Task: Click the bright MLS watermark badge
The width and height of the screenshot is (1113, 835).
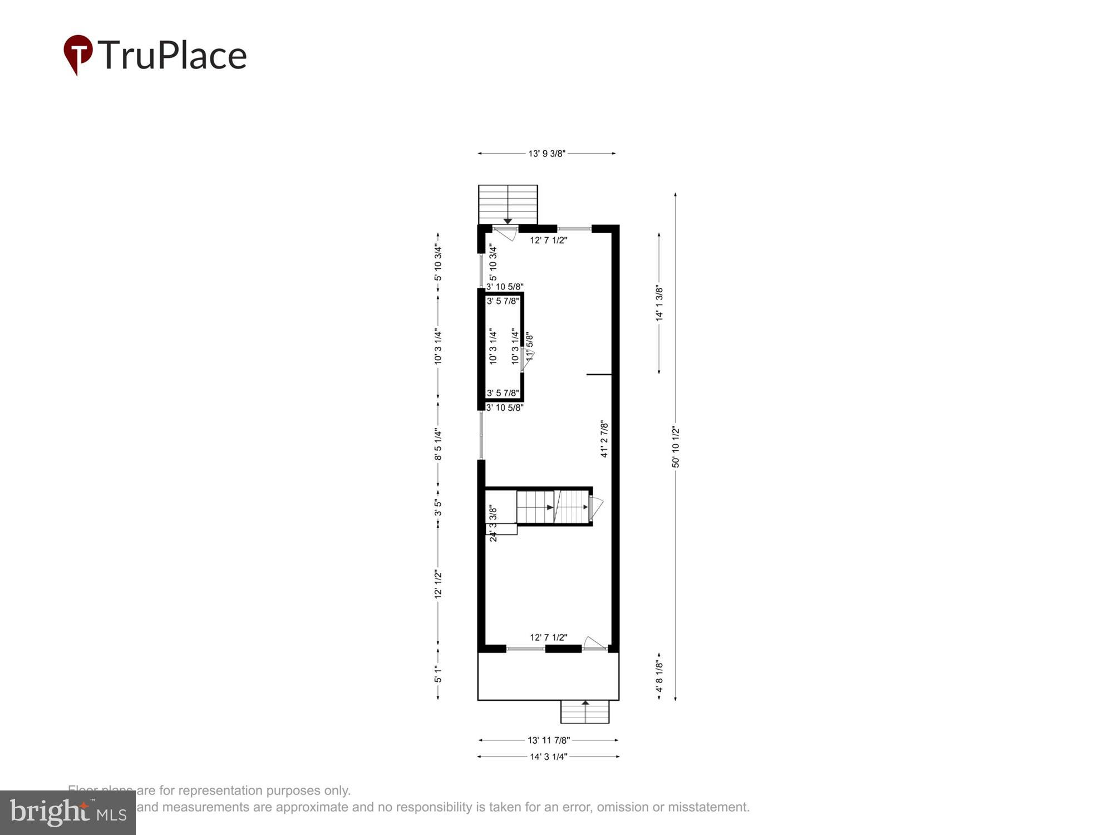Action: tap(68, 813)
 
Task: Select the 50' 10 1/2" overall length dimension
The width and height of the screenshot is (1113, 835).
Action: tap(676, 446)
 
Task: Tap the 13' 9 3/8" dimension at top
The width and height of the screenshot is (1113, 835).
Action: tap(546, 154)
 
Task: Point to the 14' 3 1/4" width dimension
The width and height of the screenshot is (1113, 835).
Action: tap(548, 757)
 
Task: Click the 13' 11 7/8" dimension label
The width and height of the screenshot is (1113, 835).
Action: tap(548, 740)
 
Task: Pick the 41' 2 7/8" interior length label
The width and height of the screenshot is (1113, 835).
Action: tap(604, 439)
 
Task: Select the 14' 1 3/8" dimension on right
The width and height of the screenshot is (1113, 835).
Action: tap(659, 303)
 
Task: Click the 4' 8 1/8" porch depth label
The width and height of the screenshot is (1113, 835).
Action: tap(659, 676)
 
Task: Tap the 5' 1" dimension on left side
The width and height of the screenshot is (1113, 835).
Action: tap(439, 675)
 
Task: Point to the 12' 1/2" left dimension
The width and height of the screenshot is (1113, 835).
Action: tap(439, 584)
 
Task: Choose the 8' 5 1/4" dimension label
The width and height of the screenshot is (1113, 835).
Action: tap(439, 444)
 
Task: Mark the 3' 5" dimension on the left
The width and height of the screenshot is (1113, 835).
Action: tap(439, 507)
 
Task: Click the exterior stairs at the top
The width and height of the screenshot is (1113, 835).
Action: tap(508, 204)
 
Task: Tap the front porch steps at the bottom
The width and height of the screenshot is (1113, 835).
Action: tap(585, 712)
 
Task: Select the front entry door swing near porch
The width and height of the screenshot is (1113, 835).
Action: tap(594, 643)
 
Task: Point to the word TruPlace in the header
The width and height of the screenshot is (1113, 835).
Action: tap(173, 55)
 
